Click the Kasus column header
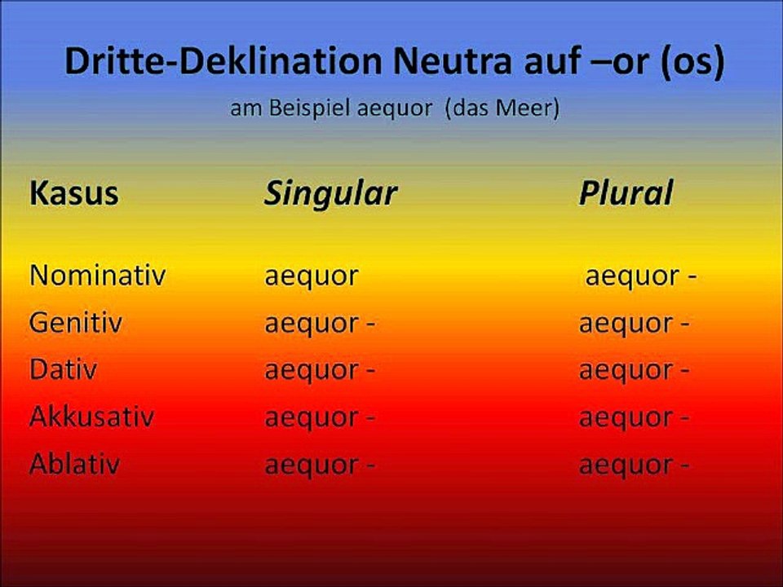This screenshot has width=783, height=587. (x=74, y=194)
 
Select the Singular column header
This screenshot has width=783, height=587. (x=330, y=194)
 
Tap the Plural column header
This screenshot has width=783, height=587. (x=626, y=194)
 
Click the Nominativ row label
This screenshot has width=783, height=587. (x=97, y=276)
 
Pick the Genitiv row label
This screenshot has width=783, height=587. (x=76, y=323)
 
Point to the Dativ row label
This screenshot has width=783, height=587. (x=64, y=370)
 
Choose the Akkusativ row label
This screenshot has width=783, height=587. (x=91, y=417)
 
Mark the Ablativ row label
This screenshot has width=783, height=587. (x=75, y=465)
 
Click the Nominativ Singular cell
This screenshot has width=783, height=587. (x=311, y=276)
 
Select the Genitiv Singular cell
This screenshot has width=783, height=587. (x=320, y=324)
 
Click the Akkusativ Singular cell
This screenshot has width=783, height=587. (x=320, y=418)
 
